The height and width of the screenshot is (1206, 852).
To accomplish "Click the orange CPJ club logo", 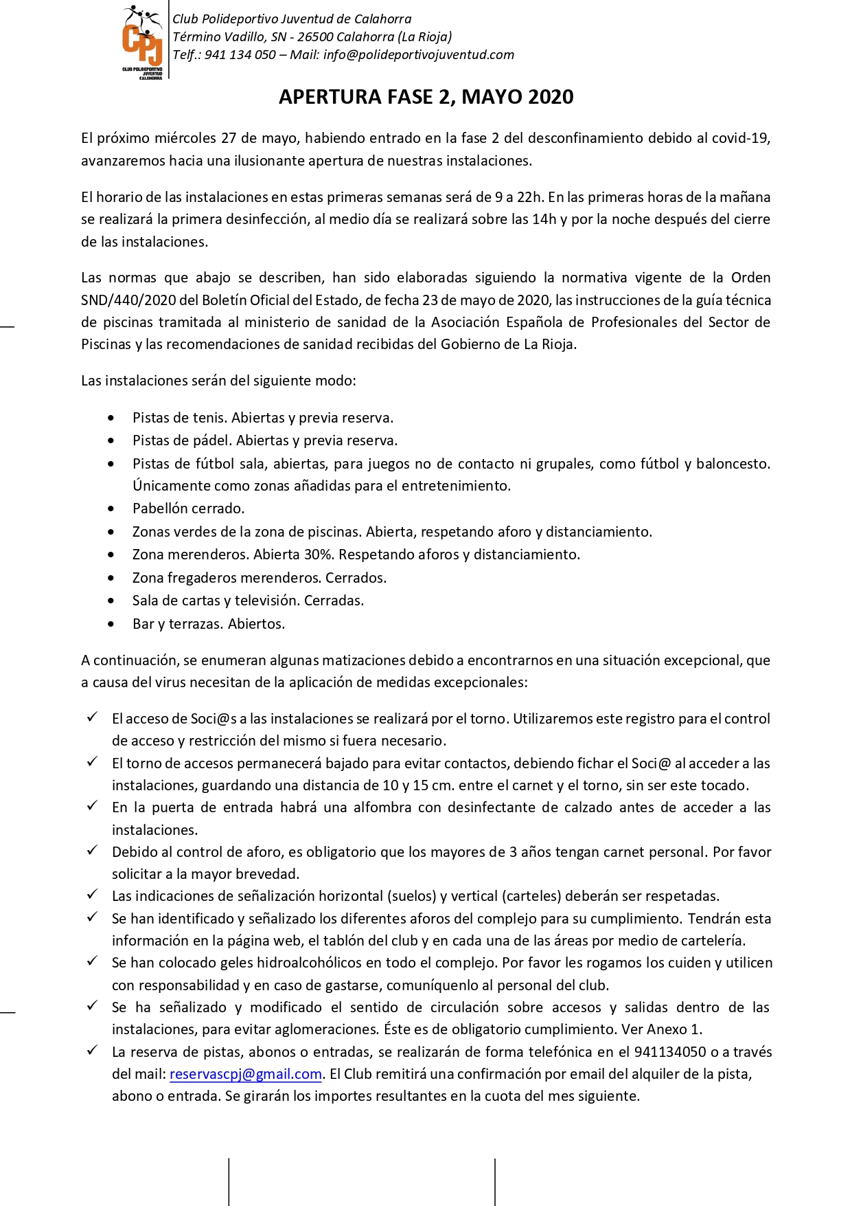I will click(x=142, y=41).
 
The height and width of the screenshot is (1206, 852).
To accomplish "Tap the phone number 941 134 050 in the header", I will click(x=240, y=55).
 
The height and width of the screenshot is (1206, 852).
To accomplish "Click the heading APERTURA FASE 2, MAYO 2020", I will click(x=426, y=97).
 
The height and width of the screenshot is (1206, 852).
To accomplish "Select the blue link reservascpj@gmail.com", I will click(x=246, y=1074).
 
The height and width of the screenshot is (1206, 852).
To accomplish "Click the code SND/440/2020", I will click(x=129, y=300).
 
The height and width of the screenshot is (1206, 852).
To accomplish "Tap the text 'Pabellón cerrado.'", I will click(x=188, y=509).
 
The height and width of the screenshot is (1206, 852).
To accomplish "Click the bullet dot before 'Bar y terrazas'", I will click(x=111, y=625).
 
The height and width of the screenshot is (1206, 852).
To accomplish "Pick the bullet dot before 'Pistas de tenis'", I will click(x=111, y=418).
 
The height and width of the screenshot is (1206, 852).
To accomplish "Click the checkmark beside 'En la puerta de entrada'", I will click(x=92, y=806).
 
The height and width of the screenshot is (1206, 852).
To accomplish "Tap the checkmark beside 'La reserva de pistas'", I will click(x=92, y=1051).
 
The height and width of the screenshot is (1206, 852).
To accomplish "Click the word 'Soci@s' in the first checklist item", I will click(x=214, y=719).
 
